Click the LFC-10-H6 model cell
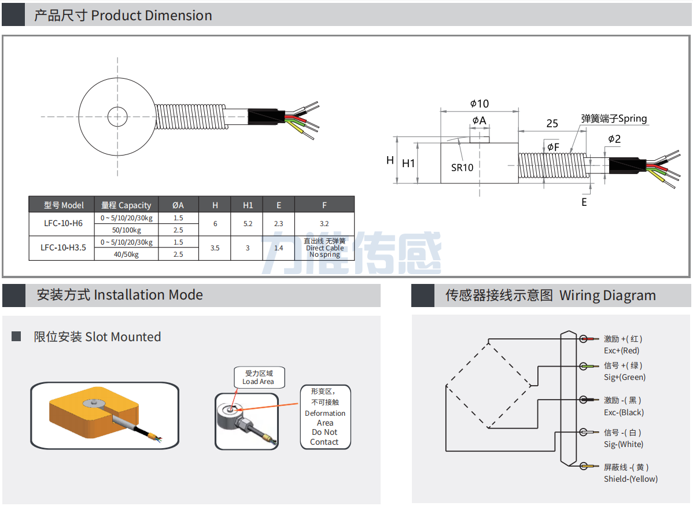click(61, 223)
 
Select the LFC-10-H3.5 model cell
click(61, 248)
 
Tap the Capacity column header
click(126, 205)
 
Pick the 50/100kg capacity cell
click(126, 230)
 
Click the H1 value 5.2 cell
click(248, 223)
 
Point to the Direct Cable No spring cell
click(325, 248)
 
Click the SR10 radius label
click(462, 168)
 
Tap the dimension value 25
click(552, 124)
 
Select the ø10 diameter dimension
click(479, 104)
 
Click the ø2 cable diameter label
click(614, 139)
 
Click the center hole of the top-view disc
click(117, 116)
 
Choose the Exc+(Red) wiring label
click(622, 350)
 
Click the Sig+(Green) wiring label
click(624, 377)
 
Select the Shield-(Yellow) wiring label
click(630, 479)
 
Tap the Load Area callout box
click(259, 378)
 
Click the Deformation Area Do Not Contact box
click(325, 418)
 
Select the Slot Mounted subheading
click(97, 337)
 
